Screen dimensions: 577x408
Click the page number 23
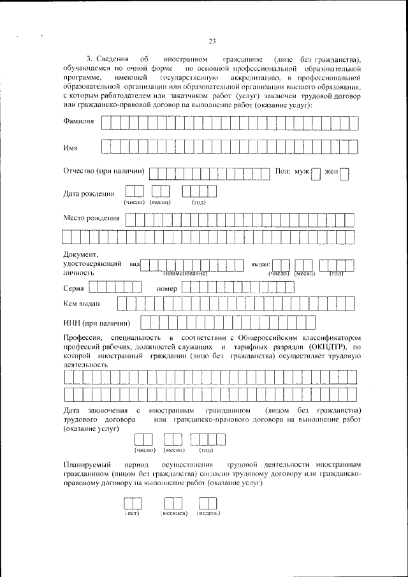click(212, 41)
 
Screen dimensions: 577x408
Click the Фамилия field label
click(79, 121)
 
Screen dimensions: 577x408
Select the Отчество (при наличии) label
click(104, 171)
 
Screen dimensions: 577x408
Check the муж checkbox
click(316, 174)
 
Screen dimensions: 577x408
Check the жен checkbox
click(344, 174)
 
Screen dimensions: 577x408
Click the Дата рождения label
click(89, 194)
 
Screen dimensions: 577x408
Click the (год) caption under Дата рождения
click(198, 202)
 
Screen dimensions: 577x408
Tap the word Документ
click(79, 255)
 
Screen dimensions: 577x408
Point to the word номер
click(166, 288)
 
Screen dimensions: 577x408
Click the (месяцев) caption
click(173, 513)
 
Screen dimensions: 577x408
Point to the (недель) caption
click(208, 513)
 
